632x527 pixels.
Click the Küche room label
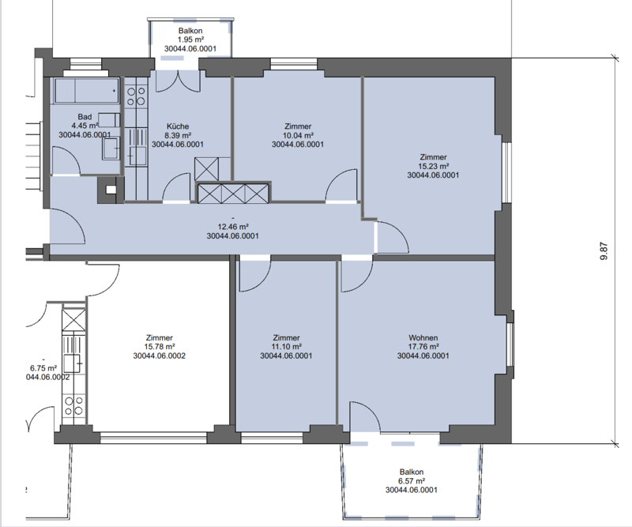(x=178, y=126)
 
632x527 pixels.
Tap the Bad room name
(x=85, y=117)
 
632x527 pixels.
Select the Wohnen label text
(x=423, y=338)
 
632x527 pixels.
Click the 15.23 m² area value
(x=433, y=166)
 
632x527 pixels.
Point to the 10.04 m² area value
(x=299, y=135)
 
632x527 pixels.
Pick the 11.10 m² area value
(x=286, y=347)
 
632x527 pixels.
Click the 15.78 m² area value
(x=160, y=347)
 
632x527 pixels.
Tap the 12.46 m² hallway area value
(x=233, y=227)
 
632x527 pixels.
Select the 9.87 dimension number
(x=604, y=250)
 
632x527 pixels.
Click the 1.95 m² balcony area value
(x=190, y=40)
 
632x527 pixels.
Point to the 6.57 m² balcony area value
(x=412, y=481)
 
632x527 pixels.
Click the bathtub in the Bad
(x=87, y=91)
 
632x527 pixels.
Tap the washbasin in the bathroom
(x=111, y=148)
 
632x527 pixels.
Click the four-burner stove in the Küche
(x=136, y=96)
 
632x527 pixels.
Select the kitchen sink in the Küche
(x=136, y=156)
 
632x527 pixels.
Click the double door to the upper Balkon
(x=178, y=81)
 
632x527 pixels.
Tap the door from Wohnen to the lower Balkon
(x=366, y=417)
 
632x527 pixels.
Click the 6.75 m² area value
(x=43, y=368)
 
